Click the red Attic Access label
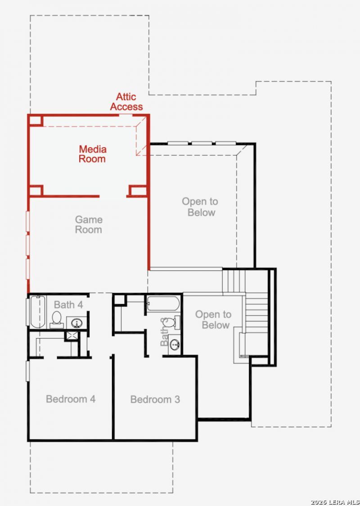[126, 102]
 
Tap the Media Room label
[93, 154]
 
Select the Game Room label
[89, 224]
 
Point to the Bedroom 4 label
[71, 399]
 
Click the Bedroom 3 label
[155, 399]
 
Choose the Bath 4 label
[68, 304]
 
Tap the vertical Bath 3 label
[164, 332]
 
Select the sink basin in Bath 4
[77, 322]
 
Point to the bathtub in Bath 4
[37, 311]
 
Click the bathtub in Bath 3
[163, 304]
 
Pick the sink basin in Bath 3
[175, 345]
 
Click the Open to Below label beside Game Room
[200, 206]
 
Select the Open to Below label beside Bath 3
[213, 319]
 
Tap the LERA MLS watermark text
[335, 502]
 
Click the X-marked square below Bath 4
[72, 336]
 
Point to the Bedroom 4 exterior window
[28, 371]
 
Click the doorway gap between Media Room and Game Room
[112, 196]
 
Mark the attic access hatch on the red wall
[126, 115]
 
